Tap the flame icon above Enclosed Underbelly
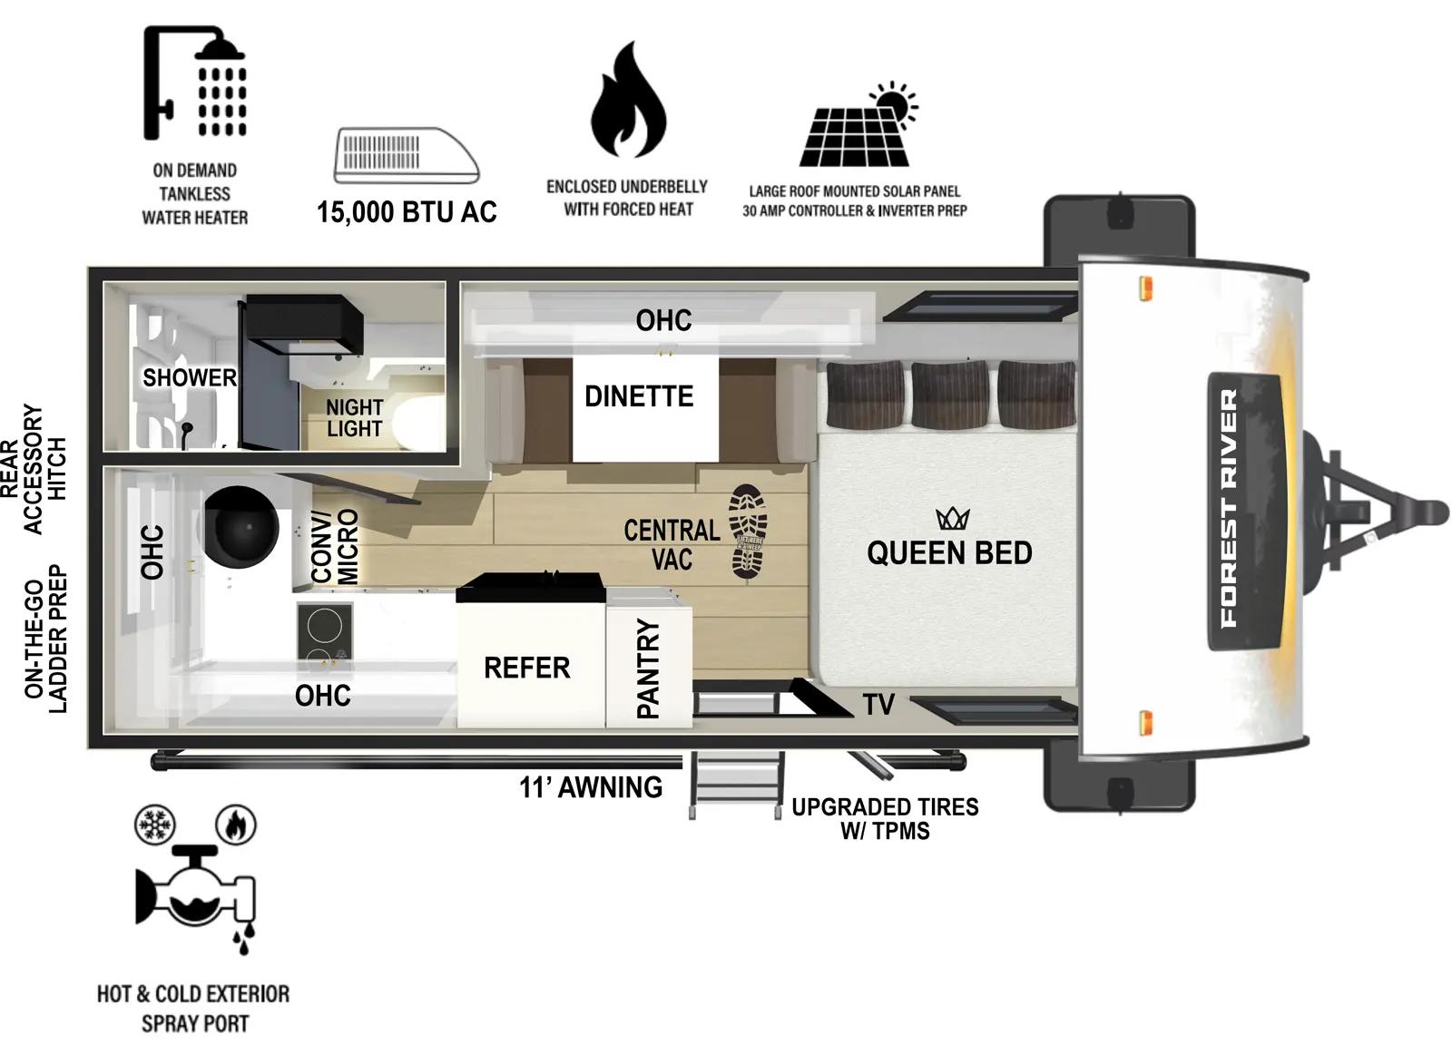tap(628, 102)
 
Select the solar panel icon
tap(857, 127)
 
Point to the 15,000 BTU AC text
tap(407, 212)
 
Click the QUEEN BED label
tap(949, 552)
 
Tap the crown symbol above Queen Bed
tap(953, 519)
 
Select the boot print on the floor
tap(750, 532)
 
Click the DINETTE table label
tap(639, 396)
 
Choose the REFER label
tap(526, 668)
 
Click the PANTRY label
tap(648, 668)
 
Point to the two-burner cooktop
tap(324, 631)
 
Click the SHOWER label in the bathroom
tap(189, 377)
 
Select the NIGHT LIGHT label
tap(354, 418)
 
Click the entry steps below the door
tap(735, 782)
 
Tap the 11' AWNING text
tap(591, 787)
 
